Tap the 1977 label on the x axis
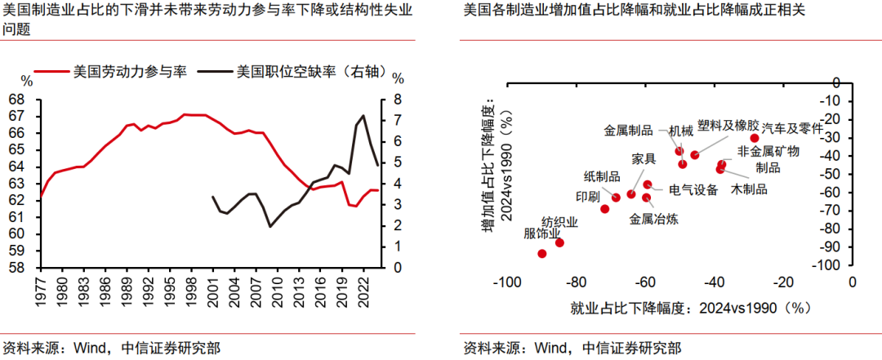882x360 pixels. click(x=41, y=289)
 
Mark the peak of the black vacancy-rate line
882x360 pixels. click(x=363, y=116)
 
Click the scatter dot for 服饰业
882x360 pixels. click(x=541, y=254)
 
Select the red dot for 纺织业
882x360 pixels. click(x=559, y=242)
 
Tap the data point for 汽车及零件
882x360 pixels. click(x=755, y=139)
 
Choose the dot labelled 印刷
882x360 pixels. click(x=605, y=209)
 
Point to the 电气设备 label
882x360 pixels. click(x=693, y=190)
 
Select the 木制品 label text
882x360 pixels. click(x=749, y=189)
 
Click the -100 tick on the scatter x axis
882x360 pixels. click(x=507, y=282)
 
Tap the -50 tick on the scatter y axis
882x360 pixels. click(x=832, y=174)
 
